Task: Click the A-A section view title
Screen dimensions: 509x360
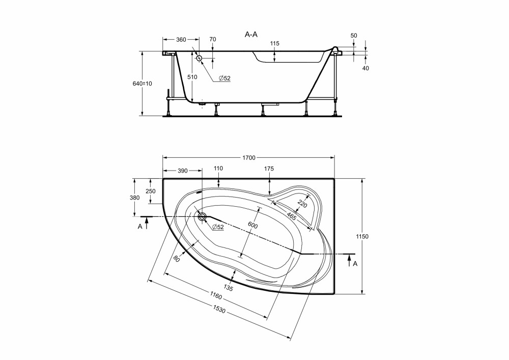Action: pos(251,35)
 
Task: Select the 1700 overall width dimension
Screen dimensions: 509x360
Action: pos(249,158)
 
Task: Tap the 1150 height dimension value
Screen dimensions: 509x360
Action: pos(362,236)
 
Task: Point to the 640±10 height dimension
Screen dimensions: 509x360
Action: pos(142,84)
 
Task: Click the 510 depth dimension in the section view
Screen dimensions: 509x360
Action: pos(192,77)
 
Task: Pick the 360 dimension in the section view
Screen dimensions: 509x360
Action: pos(181,40)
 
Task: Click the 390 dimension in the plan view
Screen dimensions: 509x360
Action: pos(182,171)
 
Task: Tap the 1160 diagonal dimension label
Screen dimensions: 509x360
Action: pos(215,296)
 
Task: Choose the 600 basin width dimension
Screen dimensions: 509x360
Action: pos(252,225)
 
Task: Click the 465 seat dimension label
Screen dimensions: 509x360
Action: pos(291,216)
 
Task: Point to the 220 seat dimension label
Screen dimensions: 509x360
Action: pos(302,204)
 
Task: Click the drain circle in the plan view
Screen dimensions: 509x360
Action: pos(203,216)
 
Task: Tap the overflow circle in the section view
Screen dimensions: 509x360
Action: pos(199,58)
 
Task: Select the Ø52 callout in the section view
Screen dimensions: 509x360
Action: pos(224,78)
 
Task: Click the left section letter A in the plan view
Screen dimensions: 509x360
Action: pos(140,226)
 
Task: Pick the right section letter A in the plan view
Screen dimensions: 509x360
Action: pos(355,264)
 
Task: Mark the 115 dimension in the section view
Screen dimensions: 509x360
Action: pos(274,43)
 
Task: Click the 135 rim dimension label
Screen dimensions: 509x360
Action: pos(228,287)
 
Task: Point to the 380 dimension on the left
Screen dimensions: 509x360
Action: pos(134,198)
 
